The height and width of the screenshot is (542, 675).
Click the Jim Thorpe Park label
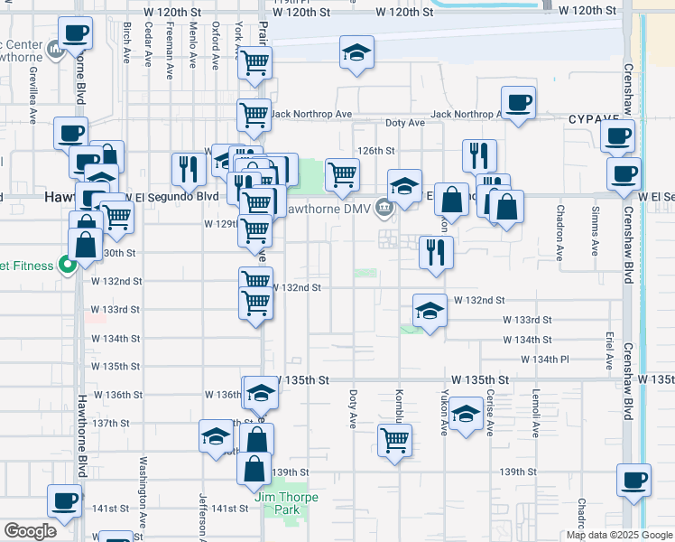tap(276, 503)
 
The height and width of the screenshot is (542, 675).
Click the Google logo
tap(30, 530)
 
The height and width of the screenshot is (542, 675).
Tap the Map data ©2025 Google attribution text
tap(618, 535)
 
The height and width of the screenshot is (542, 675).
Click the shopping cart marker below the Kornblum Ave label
tap(394, 441)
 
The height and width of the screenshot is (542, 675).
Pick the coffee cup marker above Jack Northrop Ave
tap(518, 102)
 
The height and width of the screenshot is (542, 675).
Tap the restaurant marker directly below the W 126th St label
tap(478, 154)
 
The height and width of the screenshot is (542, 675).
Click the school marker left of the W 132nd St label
tap(430, 312)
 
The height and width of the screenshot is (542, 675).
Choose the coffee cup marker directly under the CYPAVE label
tap(618, 135)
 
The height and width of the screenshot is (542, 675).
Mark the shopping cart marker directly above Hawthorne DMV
tap(342, 174)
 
